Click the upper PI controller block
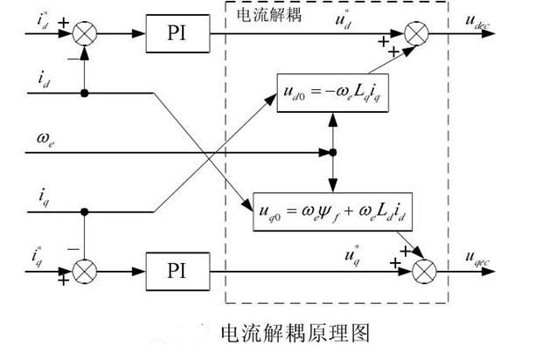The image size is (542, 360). pyautogui.click(x=178, y=34)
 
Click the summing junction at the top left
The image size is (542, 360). pyautogui.click(x=85, y=34)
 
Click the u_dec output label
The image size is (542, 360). pyautogui.click(x=488, y=25)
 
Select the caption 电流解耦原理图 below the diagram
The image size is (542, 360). pyautogui.click(x=295, y=333)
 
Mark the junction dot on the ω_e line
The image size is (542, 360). pyautogui.click(x=333, y=153)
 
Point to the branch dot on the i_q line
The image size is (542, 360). pyautogui.click(x=85, y=211)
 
